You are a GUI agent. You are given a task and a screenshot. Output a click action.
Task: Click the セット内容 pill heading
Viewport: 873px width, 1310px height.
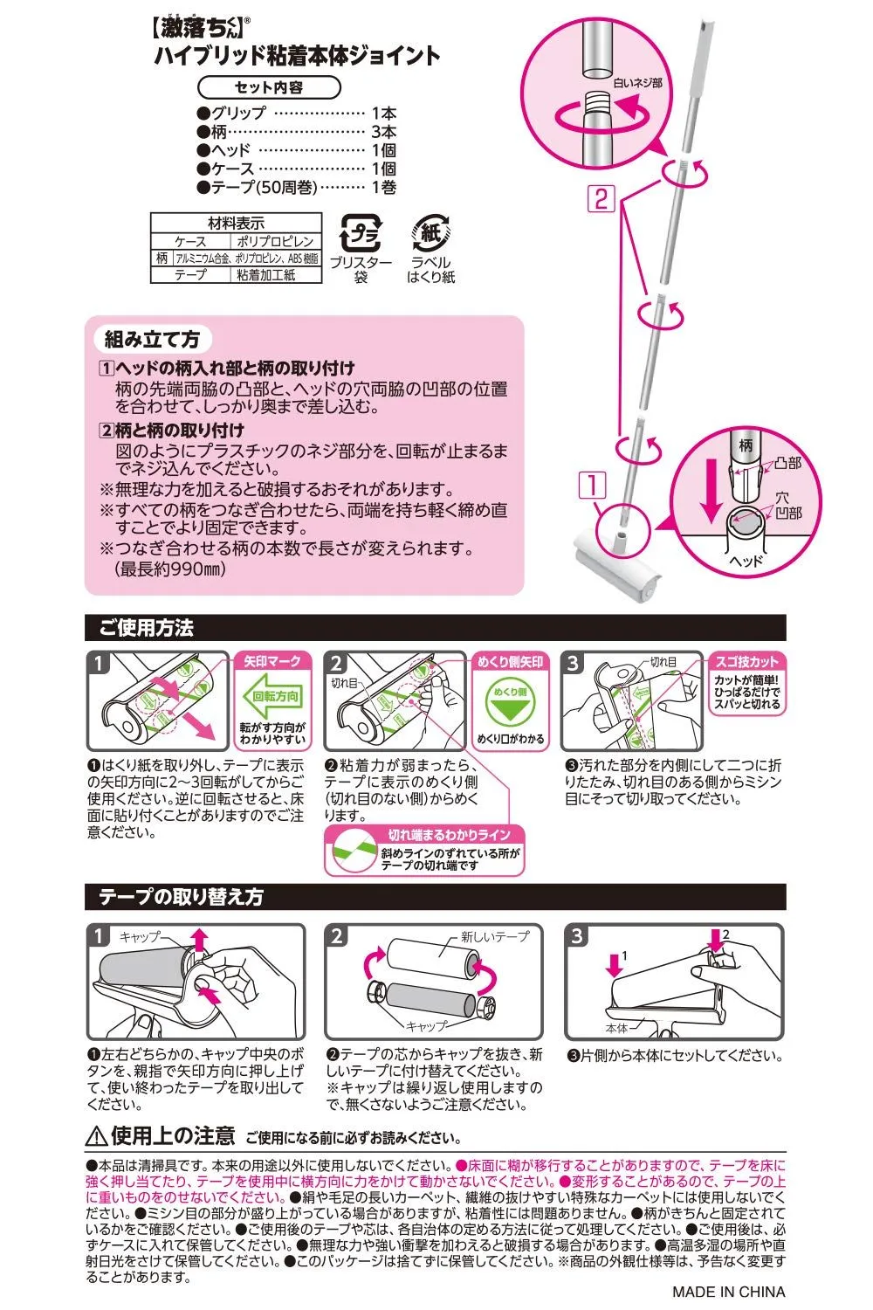point(269,87)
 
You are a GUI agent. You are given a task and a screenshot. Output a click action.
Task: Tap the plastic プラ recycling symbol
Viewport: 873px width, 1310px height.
point(361,233)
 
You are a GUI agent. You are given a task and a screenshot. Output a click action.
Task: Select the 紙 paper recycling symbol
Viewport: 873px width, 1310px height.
point(431,233)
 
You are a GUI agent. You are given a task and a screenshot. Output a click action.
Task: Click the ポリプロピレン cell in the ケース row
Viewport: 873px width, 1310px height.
point(275,241)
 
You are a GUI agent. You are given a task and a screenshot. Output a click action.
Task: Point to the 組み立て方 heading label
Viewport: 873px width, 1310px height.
point(152,339)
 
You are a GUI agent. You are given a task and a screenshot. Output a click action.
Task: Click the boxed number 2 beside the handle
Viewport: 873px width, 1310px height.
point(601,199)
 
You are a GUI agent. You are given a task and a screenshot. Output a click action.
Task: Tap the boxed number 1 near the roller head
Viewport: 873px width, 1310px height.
point(592,486)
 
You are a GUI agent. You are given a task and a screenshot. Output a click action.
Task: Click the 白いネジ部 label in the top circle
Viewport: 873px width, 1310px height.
point(637,84)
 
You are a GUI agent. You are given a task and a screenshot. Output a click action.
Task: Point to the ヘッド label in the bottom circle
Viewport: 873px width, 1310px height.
point(746,561)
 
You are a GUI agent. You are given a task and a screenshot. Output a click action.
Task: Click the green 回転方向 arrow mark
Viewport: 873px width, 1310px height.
point(272,696)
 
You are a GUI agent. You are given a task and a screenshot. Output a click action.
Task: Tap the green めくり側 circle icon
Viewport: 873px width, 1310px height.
point(511,702)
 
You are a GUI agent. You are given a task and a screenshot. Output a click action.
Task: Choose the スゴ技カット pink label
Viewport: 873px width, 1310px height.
point(746,661)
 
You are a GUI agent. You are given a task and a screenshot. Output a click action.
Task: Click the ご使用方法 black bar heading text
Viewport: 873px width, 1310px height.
point(146,628)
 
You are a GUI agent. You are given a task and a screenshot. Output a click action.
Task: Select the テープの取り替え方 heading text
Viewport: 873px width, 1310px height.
point(181,897)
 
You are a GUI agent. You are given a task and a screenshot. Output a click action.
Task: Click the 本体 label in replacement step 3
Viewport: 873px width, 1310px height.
point(616,1028)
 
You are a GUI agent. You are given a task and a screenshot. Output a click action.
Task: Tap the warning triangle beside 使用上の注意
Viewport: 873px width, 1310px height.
point(96,1137)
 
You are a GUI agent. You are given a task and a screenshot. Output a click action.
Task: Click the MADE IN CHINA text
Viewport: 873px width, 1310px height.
point(729,1292)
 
